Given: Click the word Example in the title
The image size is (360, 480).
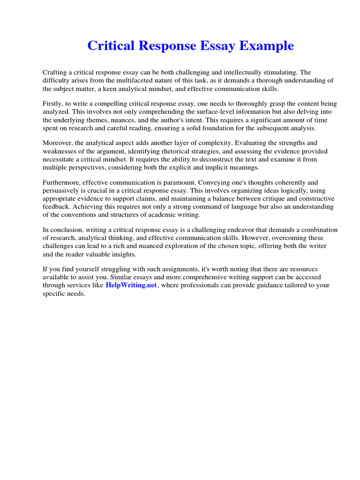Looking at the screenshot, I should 269,46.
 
